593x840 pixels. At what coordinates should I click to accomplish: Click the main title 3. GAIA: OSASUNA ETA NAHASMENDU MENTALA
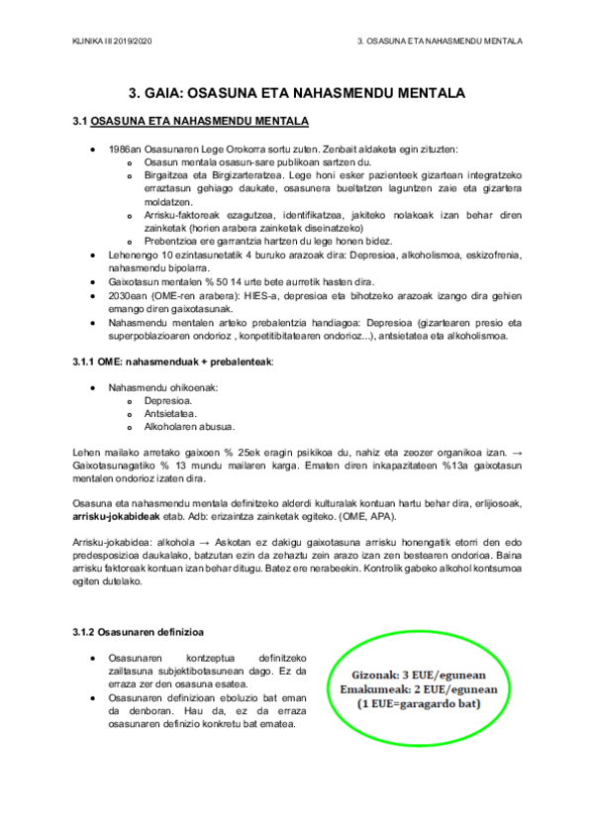tap(296, 94)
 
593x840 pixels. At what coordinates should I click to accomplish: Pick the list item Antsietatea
tap(171, 414)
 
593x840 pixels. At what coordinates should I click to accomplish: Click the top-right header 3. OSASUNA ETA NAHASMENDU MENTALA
tap(440, 41)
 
